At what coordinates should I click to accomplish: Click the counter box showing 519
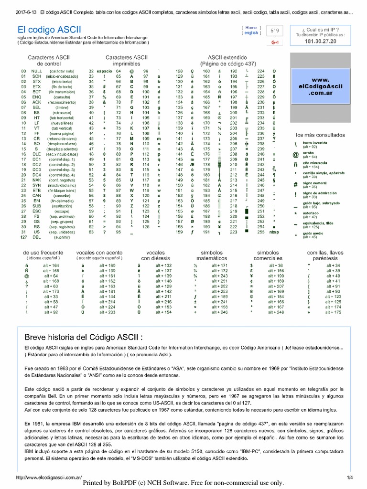[275, 31]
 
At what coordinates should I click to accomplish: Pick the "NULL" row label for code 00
[37, 71]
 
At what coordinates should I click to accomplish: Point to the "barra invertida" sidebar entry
[316, 143]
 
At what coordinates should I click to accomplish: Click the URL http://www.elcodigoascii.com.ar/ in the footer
[49, 477]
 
